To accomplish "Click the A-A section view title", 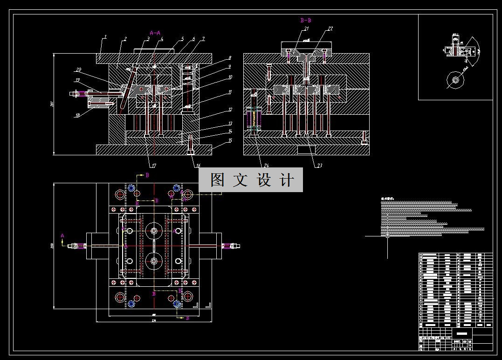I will (155, 33).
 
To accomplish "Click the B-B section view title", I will (306, 21).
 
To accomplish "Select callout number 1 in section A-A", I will (106, 36).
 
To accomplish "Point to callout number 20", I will (78, 70).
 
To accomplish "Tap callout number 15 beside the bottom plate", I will (230, 140).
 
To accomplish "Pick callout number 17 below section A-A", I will (153, 165).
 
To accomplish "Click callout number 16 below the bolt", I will (198, 165).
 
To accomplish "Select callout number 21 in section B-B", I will (306, 29).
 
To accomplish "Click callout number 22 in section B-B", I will (330, 29).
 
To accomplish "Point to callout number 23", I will (320, 165).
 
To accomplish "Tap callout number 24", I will (266, 165).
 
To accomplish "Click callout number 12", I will (230, 111).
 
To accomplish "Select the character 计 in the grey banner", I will (288, 180).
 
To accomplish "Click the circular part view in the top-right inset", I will (455, 80).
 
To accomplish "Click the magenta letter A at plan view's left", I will (62, 236).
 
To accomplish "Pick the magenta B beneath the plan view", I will (187, 318).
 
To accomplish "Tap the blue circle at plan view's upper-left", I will (131, 187).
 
